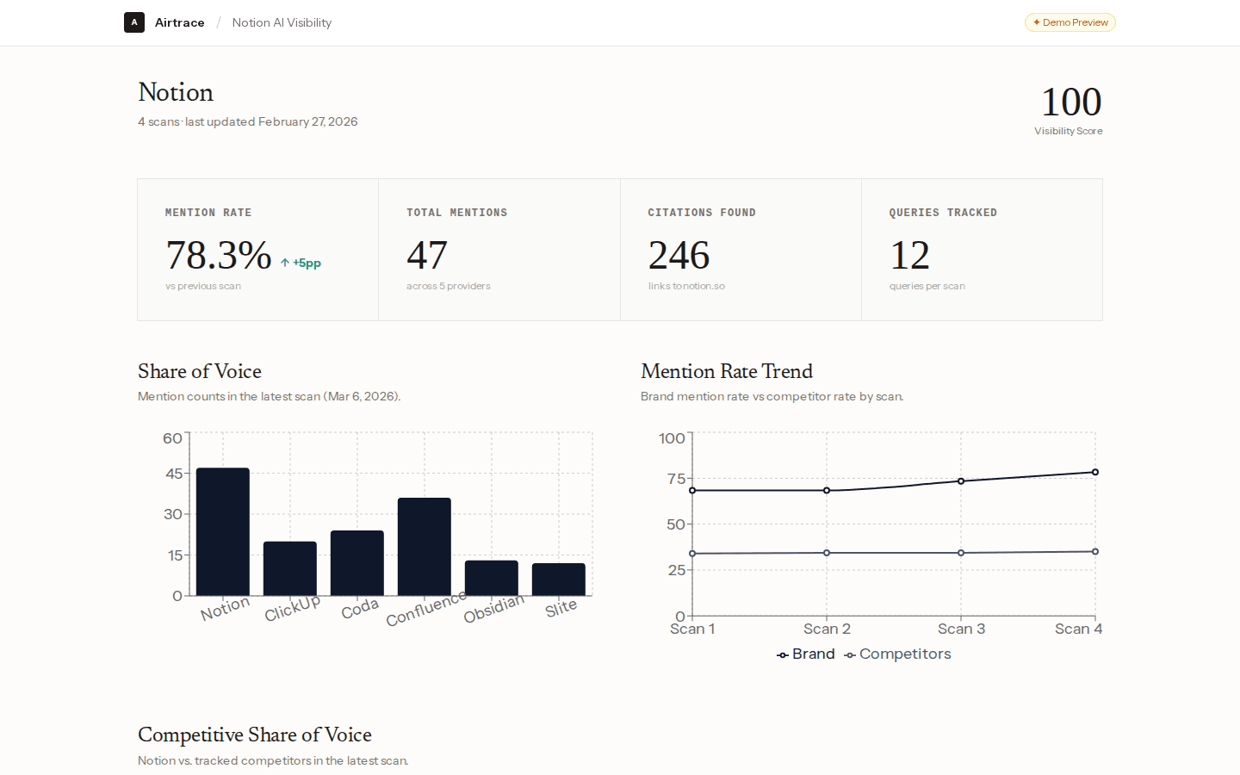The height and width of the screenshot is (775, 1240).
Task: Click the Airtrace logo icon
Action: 133,22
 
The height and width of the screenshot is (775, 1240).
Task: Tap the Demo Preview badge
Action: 1069,22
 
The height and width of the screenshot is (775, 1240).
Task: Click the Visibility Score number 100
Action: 1070,102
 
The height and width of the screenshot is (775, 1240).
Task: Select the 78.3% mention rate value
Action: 219,256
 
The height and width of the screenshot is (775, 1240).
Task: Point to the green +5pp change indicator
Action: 301,263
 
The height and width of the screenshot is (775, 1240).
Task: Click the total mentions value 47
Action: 427,256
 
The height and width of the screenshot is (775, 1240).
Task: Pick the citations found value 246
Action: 679,256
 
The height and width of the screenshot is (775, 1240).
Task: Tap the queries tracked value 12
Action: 909,256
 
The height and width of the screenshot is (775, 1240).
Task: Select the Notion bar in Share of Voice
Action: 223,531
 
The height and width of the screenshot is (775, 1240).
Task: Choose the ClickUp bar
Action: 290,568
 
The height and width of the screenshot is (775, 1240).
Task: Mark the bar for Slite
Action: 559,579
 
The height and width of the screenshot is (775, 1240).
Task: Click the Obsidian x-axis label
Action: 493,609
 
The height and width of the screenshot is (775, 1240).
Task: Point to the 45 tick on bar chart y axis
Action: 174,474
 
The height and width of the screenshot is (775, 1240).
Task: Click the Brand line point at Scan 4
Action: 1095,472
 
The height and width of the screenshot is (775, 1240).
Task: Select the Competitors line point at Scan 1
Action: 692,554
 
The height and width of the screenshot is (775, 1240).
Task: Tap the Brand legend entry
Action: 806,654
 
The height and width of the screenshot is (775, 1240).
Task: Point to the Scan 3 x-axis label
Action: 961,629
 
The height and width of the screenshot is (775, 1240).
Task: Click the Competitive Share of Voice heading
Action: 255,735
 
